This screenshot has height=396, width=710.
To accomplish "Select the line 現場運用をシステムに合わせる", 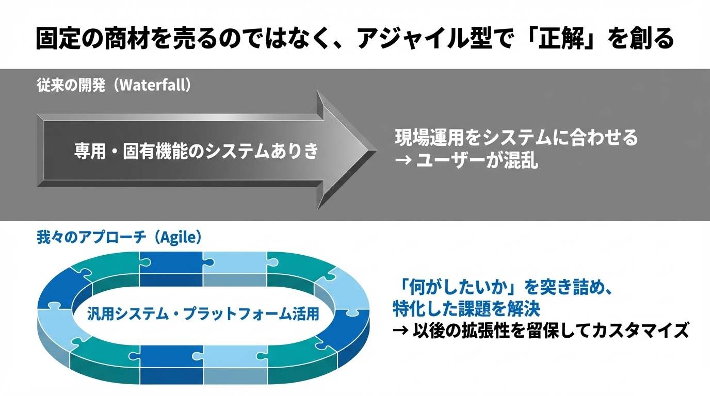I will coord(517,138).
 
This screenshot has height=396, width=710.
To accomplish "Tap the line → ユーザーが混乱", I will coord(466,162).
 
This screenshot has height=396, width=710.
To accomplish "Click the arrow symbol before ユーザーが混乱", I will coord(402,162).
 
